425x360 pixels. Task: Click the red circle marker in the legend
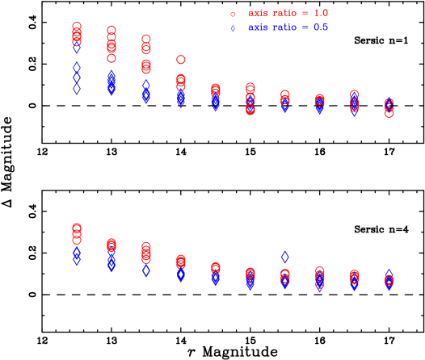(233, 14)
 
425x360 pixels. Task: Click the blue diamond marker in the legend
(233, 28)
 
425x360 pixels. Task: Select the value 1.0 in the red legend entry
(320, 13)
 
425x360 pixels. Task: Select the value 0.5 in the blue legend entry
(320, 27)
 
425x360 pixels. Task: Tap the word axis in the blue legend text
(257, 27)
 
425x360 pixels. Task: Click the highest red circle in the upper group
(77, 27)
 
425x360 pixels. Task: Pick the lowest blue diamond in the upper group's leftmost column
(77, 89)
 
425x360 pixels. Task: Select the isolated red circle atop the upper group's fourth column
(181, 59)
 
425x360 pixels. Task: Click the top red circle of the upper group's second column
(112, 30)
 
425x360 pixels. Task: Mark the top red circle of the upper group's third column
(146, 38)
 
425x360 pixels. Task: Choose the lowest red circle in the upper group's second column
(112, 57)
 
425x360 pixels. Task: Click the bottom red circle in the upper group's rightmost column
(389, 113)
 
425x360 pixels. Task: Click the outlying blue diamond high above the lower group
(285, 257)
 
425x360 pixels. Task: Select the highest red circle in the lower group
(77, 227)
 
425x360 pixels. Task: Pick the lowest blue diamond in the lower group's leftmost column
(77, 261)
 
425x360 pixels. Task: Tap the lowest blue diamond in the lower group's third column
(146, 270)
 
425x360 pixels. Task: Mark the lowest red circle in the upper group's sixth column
(250, 110)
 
